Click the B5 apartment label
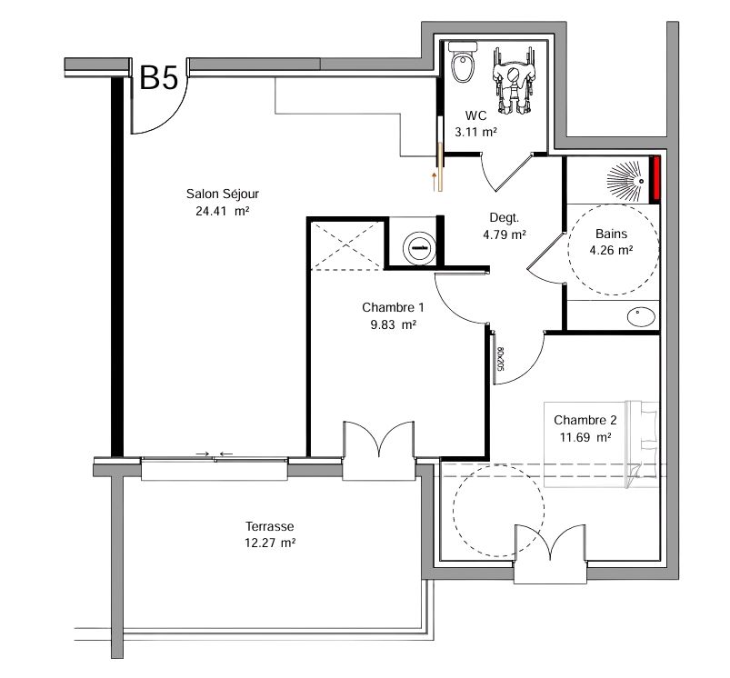(x=159, y=78)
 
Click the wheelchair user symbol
(x=514, y=80)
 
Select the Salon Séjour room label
(x=223, y=194)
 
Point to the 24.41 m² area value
(x=223, y=211)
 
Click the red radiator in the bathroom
(x=656, y=178)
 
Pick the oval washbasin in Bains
(x=642, y=316)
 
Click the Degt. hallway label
(x=504, y=218)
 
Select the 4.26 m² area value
(x=611, y=251)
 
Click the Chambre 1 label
(x=393, y=307)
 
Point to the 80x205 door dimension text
(x=500, y=359)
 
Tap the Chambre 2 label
(x=585, y=420)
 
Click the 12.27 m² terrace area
(x=271, y=543)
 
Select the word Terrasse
(x=270, y=526)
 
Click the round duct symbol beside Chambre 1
(x=419, y=248)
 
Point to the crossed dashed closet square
(x=347, y=245)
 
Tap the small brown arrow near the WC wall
(x=435, y=182)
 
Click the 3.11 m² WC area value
(x=475, y=132)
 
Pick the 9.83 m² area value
(x=393, y=324)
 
